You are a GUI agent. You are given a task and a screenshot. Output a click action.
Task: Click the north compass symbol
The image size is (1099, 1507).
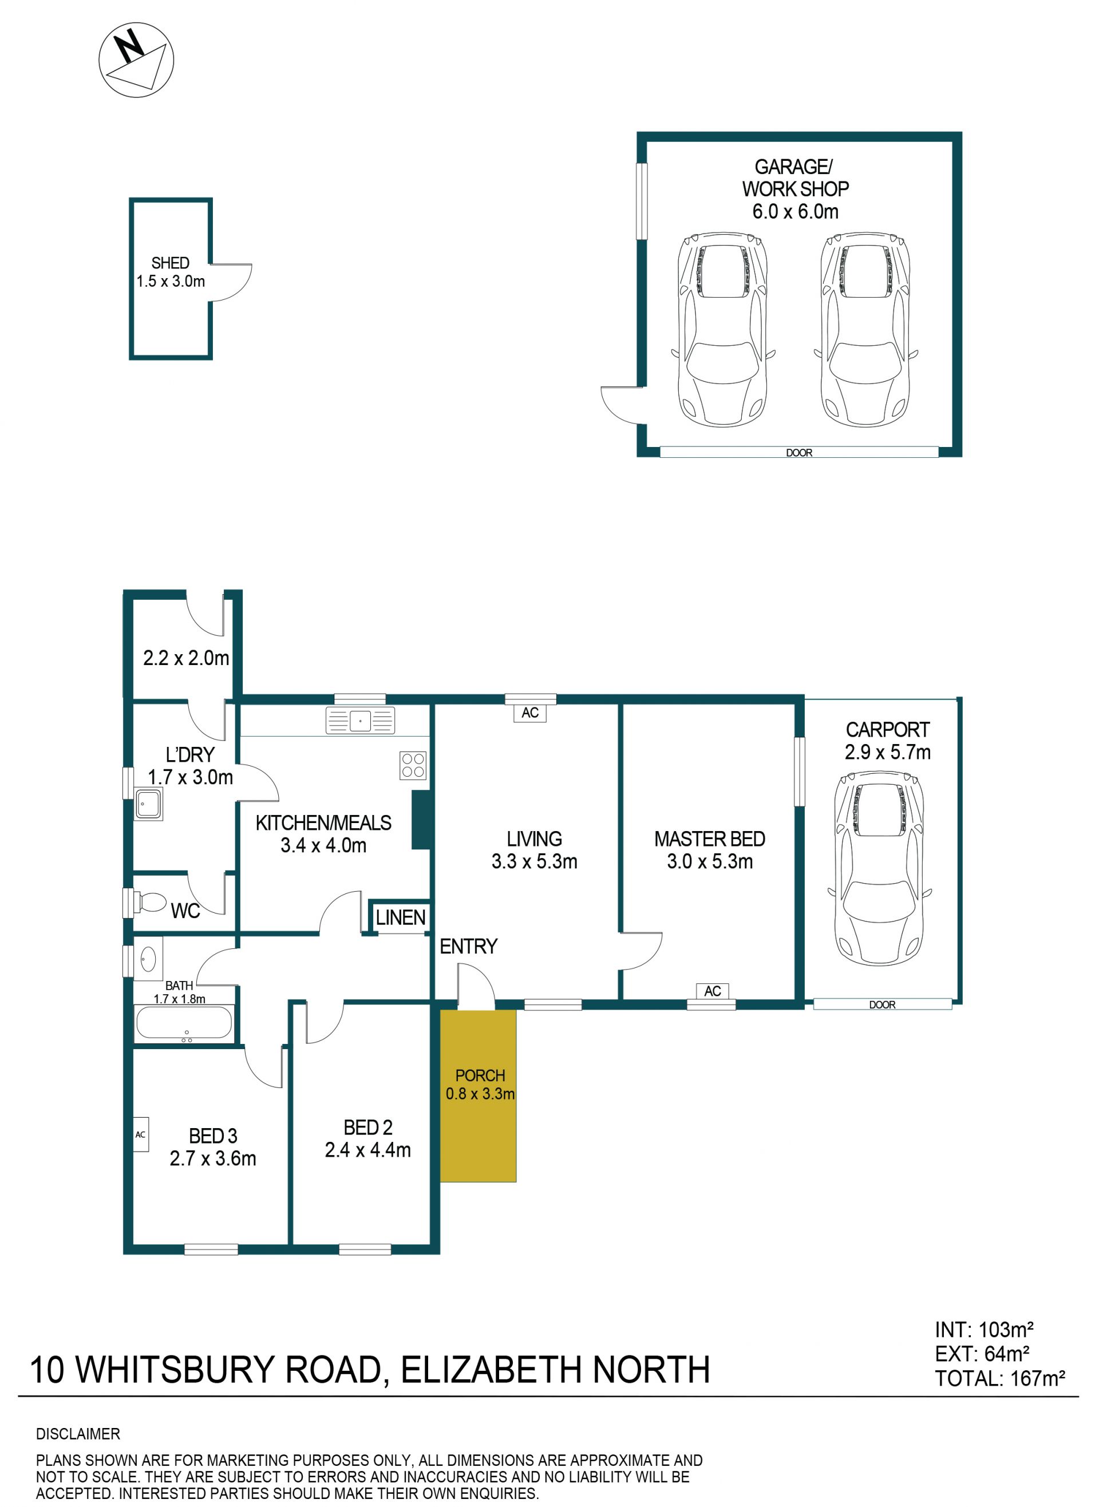pyautogui.click(x=136, y=60)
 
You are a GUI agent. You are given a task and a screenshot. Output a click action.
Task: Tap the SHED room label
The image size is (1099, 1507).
pyautogui.click(x=171, y=263)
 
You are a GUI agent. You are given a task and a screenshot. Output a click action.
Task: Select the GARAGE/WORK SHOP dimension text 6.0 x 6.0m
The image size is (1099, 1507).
pyautogui.click(x=795, y=212)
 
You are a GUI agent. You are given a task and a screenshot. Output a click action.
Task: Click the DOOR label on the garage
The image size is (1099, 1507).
pyautogui.click(x=799, y=453)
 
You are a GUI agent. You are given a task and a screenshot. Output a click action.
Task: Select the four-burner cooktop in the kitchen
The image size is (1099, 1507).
pyautogui.click(x=413, y=765)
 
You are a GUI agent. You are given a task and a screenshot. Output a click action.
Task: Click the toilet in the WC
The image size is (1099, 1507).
pyautogui.click(x=150, y=903)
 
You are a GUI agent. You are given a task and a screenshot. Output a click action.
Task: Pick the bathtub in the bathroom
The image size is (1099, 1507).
pyautogui.click(x=184, y=1023)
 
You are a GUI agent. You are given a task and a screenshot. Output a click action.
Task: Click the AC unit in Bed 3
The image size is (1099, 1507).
pyautogui.click(x=140, y=1134)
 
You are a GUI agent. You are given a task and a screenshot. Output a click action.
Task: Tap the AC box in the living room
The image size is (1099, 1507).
pyautogui.click(x=530, y=713)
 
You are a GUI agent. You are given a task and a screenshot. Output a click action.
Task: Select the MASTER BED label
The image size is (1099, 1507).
pyautogui.click(x=710, y=839)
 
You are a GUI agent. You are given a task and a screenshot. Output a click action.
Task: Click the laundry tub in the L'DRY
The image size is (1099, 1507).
pyautogui.click(x=148, y=804)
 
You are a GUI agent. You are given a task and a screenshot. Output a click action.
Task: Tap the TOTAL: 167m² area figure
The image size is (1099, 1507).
pyautogui.click(x=1000, y=1379)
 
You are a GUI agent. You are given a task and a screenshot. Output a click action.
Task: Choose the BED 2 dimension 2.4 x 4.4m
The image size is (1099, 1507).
pyautogui.click(x=368, y=1150)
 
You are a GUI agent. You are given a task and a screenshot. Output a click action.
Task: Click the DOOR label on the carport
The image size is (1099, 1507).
pyautogui.click(x=882, y=1005)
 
